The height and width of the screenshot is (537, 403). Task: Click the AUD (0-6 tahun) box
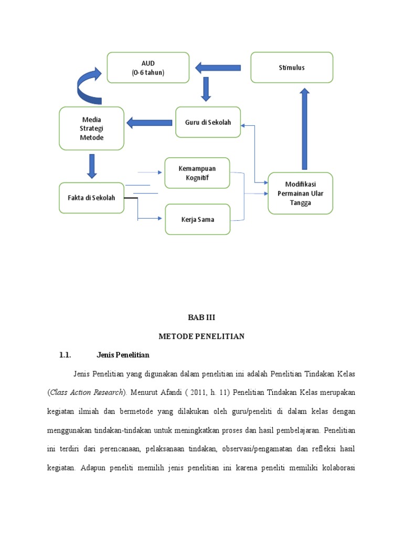(148, 68)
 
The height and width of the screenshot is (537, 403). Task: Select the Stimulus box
(292, 68)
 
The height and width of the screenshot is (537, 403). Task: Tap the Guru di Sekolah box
(208, 122)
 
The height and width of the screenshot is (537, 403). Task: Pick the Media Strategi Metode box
(92, 128)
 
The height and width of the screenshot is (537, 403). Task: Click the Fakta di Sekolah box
(91, 198)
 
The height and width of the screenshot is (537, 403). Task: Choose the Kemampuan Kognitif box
(197, 173)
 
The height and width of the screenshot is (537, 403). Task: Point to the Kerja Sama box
(197, 219)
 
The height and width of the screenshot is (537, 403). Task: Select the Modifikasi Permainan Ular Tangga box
(300, 194)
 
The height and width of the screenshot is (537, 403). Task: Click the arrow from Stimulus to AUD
(218, 68)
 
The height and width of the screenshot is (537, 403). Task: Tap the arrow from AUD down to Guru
(206, 89)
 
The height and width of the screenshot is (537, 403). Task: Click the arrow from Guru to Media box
(150, 123)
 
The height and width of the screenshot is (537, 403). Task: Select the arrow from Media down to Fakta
(92, 166)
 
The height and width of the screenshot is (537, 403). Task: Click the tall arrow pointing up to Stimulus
(304, 128)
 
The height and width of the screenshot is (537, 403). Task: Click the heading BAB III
(202, 318)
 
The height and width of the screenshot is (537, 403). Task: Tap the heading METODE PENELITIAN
(202, 336)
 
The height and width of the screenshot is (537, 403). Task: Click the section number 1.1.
(65, 355)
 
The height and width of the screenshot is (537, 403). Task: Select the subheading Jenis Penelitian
(123, 355)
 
